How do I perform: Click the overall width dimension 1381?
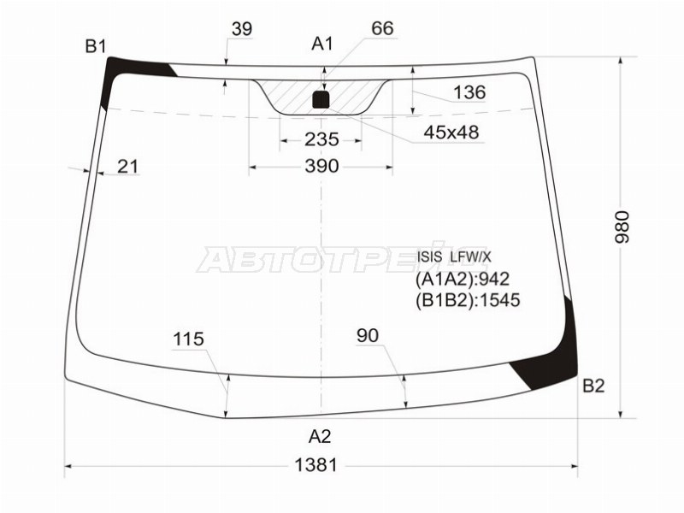[x=316, y=465]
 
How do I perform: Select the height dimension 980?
[x=622, y=227]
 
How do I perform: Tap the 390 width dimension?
[x=321, y=166]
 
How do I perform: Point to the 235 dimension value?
[x=321, y=139]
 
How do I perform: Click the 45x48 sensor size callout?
[x=451, y=132]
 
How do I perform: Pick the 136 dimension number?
[x=469, y=92]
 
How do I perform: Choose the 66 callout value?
[x=382, y=28]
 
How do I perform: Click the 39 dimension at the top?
[x=242, y=29]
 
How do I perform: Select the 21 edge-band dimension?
[x=127, y=166]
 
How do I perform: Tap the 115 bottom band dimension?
[x=188, y=339]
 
